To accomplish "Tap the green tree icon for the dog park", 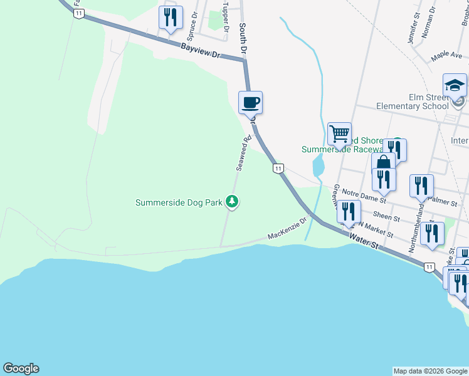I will pyautogui.click(x=233, y=202).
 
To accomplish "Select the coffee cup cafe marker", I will pyautogui.click(x=250, y=102).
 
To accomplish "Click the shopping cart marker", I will pyautogui.click(x=339, y=133).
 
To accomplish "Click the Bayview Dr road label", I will pyautogui.click(x=202, y=51).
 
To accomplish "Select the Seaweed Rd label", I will pyautogui.click(x=243, y=153).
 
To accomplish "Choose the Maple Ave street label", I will pyautogui.click(x=447, y=56).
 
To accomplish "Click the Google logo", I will pyautogui.click(x=21, y=368).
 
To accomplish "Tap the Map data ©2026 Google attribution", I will pyautogui.click(x=430, y=371).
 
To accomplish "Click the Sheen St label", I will pyautogui.click(x=387, y=217).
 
